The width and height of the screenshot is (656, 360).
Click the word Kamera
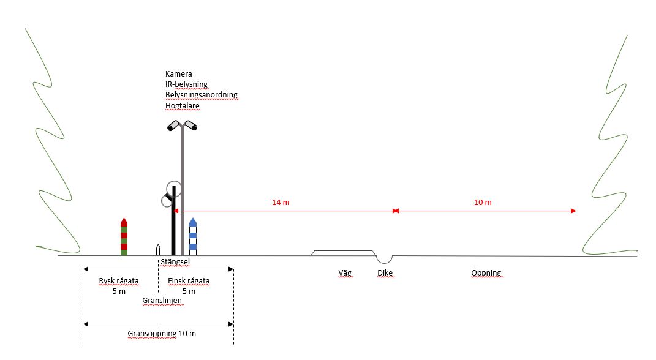[179, 74]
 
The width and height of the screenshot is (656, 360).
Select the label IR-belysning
[187, 84]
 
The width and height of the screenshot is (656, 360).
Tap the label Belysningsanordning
[201, 95]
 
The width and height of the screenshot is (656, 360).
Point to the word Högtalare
[182, 105]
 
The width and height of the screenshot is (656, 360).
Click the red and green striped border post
[124, 237]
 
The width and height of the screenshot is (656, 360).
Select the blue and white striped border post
[193, 237]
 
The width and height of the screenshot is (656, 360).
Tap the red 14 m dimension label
[281, 202]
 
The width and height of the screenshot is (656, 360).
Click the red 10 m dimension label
[483, 202]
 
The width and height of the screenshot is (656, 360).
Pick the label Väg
[345, 273]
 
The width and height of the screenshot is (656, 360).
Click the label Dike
[385, 273]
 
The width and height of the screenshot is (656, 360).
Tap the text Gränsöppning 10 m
[162, 334]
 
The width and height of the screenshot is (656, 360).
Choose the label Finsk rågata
[189, 281]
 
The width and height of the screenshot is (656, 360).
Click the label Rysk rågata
[119, 281]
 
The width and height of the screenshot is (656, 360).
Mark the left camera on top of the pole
[174, 126]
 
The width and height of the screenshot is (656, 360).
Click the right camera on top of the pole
[190, 126]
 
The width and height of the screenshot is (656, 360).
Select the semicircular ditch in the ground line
[385, 258]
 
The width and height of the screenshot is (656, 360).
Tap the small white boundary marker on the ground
[158, 250]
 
